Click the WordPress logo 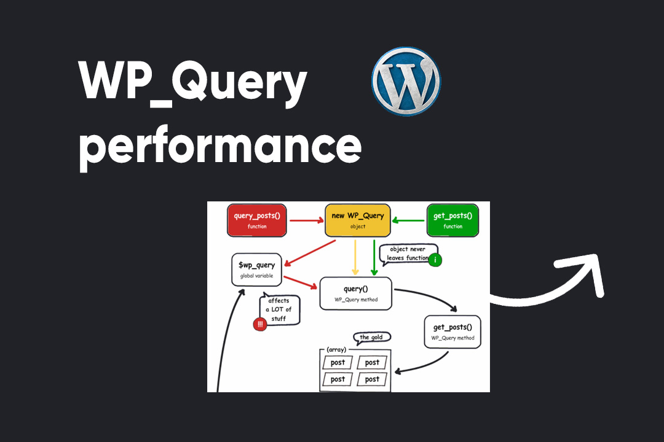tap(406, 81)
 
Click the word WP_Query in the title tap(192, 83)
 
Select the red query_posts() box tap(257, 220)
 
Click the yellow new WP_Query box tap(358, 220)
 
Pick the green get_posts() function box tap(453, 220)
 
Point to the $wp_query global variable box tap(257, 269)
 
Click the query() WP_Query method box tap(355, 293)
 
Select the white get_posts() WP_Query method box tap(453, 332)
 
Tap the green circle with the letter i tap(435, 260)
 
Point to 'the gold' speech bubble tap(373, 338)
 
